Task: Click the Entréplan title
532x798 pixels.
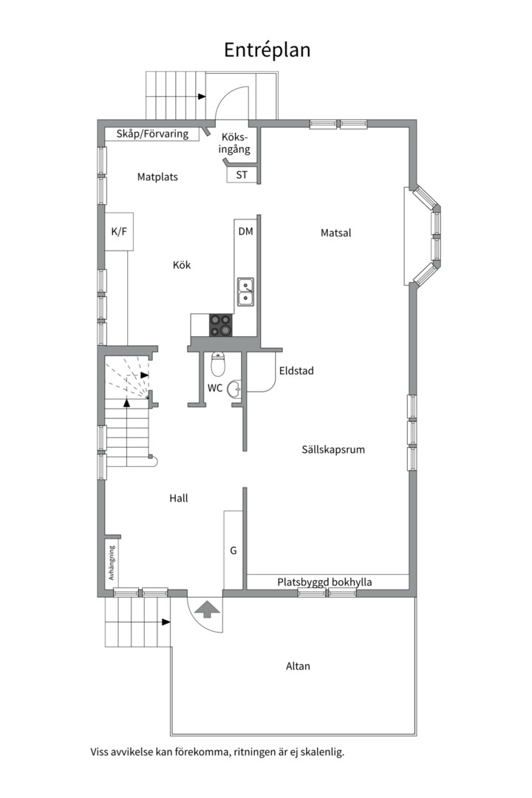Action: (267, 50)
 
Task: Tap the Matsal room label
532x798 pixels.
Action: (336, 233)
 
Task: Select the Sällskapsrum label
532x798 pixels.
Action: (333, 449)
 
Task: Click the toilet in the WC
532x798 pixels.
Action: (218, 363)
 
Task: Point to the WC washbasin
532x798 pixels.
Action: (235, 389)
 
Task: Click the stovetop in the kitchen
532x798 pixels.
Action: (221, 324)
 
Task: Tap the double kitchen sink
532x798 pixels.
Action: (246, 293)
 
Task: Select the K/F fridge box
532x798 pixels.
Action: (119, 231)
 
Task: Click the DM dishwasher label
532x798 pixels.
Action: (246, 231)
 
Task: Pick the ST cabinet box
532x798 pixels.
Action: (242, 174)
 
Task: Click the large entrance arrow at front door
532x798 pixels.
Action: (207, 609)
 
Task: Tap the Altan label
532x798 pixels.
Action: (298, 666)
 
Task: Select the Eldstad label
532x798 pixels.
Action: (296, 370)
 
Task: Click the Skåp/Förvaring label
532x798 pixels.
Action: (153, 134)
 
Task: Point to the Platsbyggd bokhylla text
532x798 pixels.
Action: (325, 582)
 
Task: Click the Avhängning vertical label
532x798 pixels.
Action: (112, 563)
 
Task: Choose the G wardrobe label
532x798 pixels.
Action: (233, 550)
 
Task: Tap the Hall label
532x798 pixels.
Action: (179, 498)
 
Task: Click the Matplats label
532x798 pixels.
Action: (158, 177)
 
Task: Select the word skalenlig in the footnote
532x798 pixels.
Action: (322, 751)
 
